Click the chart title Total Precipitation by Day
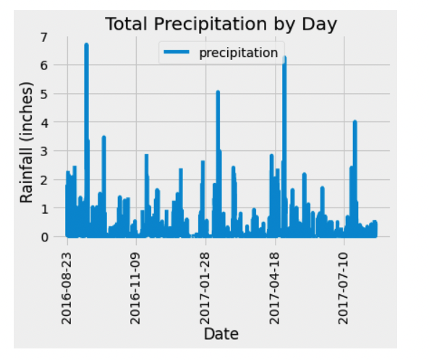pyautogui.click(x=221, y=24)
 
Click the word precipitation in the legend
pyautogui.click(x=238, y=53)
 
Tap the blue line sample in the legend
pyautogui.click(x=179, y=53)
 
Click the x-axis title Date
pyautogui.click(x=221, y=333)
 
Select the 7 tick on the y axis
pyautogui.click(x=45, y=37)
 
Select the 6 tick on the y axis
pyautogui.click(x=45, y=65)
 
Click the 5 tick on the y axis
pyautogui.click(x=45, y=94)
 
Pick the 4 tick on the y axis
pyautogui.click(x=45, y=122)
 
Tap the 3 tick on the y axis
pyautogui.click(x=45, y=151)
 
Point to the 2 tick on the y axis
pyautogui.click(x=45, y=179)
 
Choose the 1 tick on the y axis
pyautogui.click(x=45, y=208)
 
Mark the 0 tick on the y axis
pyautogui.click(x=45, y=236)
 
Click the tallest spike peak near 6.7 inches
pyautogui.click(x=86, y=45)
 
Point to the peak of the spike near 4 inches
pyautogui.click(x=354, y=121)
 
